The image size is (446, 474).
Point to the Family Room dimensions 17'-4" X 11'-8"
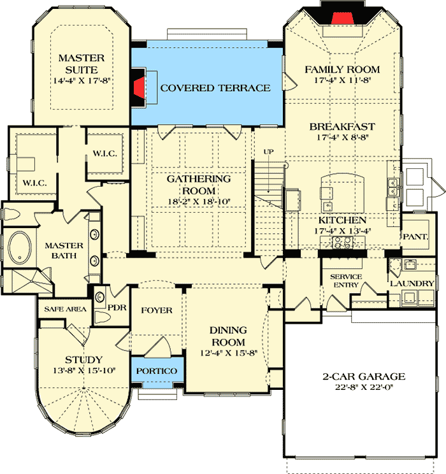(x=342, y=81)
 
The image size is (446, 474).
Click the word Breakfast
(x=342, y=126)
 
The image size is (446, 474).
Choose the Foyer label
(x=156, y=310)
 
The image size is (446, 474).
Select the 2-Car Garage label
(x=364, y=377)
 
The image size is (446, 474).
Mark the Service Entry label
(x=346, y=281)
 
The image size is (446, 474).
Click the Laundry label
(x=412, y=284)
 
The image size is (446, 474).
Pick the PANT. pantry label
(x=418, y=236)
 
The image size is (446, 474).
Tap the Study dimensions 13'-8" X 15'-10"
(x=84, y=371)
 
